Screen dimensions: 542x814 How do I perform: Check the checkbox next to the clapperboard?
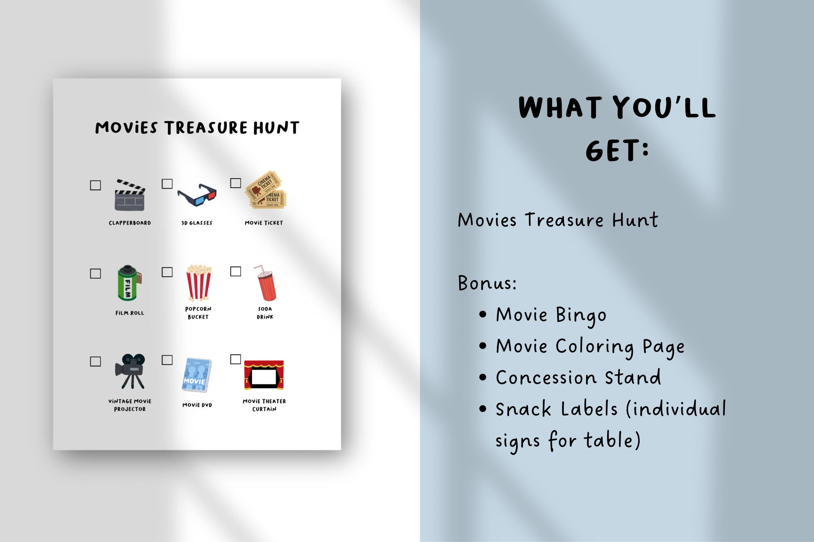[x=95, y=185]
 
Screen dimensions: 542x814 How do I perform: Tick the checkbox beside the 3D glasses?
[x=167, y=184]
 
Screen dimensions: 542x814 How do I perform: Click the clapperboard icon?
[x=130, y=195]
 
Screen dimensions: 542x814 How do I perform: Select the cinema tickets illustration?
[x=266, y=190]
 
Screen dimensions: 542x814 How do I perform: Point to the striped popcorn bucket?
[x=199, y=283]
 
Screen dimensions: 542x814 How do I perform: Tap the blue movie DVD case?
[x=197, y=375]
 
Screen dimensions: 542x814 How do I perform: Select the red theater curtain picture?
[x=264, y=375]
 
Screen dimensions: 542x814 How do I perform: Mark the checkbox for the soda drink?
[x=236, y=271]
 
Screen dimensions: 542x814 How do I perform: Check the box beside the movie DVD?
[x=167, y=360]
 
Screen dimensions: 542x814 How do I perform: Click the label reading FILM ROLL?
[x=130, y=313]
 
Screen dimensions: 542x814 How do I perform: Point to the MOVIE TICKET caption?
[x=264, y=223]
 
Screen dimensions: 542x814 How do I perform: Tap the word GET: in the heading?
[x=616, y=151]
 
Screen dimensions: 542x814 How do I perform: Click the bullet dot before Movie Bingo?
[x=483, y=315]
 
